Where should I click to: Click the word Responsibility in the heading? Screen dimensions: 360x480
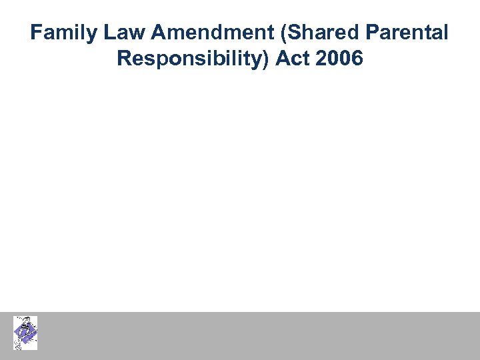click(190, 59)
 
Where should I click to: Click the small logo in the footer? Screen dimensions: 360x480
click(25, 333)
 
